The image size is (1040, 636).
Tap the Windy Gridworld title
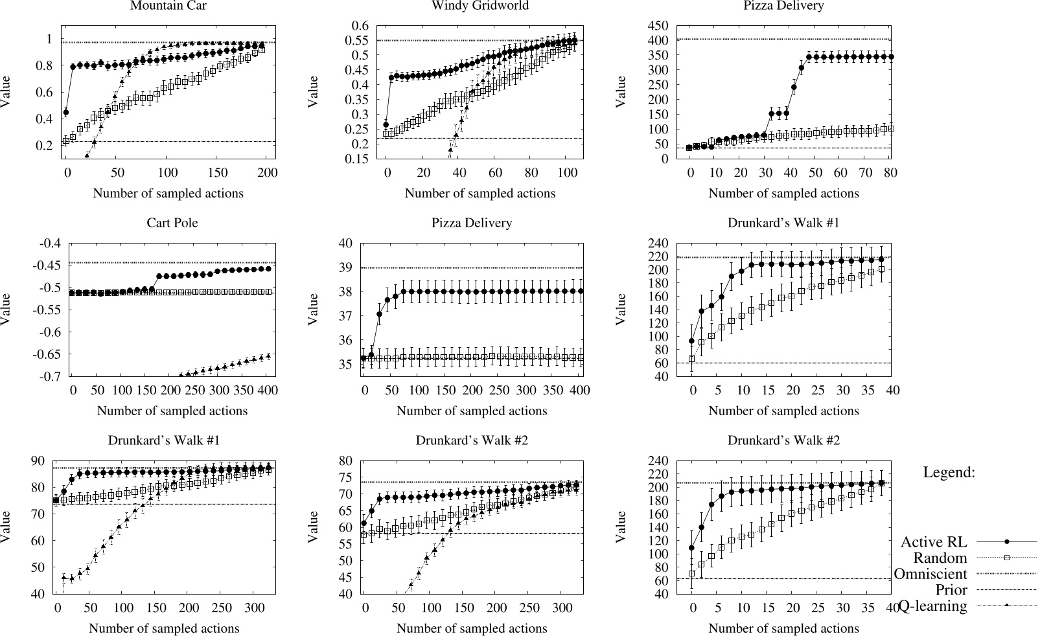pos(480,6)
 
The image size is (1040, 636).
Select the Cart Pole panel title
pos(172,223)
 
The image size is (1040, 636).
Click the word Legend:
pos(949,473)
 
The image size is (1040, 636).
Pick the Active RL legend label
pos(934,541)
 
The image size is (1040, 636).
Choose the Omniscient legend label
pos(930,574)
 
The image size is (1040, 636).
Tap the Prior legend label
pos(951,590)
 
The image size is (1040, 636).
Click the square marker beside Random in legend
pos(1007,558)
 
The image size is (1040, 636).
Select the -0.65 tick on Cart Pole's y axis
pos(46,354)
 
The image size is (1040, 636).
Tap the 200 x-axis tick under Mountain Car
pos(267,173)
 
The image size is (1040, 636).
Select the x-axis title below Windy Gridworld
pos(480,193)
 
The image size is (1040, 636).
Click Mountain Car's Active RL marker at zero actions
pos(65,112)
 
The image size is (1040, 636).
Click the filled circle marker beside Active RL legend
pos(1007,541)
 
